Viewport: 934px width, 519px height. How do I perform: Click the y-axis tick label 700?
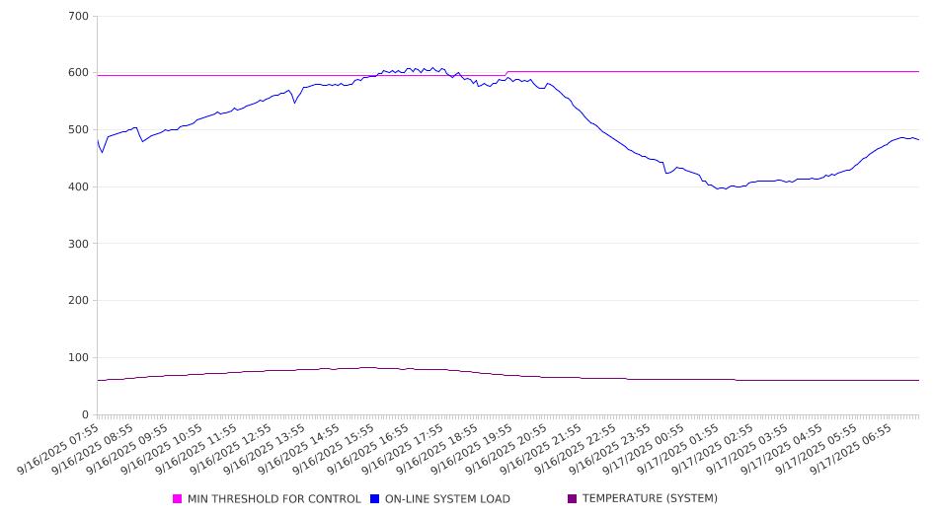[x=78, y=17]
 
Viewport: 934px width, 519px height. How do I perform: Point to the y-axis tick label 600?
[x=78, y=73]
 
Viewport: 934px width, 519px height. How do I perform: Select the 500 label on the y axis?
[x=78, y=130]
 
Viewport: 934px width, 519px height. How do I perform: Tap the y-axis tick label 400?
[x=78, y=187]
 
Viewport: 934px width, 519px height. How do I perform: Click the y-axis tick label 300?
[x=78, y=244]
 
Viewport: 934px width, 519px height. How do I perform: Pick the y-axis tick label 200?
[x=78, y=301]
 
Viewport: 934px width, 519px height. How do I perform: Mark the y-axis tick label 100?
[x=78, y=358]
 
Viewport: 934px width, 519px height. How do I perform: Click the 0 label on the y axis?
[x=85, y=415]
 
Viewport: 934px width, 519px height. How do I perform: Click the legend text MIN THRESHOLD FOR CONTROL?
[x=273, y=499]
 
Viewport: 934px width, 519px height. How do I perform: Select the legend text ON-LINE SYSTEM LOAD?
[x=447, y=499]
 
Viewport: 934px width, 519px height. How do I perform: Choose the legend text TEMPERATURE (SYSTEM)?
[x=650, y=499]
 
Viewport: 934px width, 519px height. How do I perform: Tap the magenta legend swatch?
[x=178, y=499]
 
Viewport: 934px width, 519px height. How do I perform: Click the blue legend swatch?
[x=375, y=499]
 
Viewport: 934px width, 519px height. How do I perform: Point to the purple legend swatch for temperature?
[x=572, y=499]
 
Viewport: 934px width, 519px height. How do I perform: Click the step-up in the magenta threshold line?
[x=506, y=73]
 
